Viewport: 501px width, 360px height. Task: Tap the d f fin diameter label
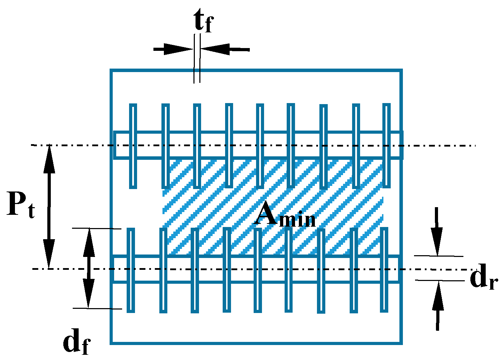tap(77, 342)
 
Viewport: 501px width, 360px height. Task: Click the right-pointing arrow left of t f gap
tap(173, 49)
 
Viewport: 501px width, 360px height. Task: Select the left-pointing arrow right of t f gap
tap(225, 49)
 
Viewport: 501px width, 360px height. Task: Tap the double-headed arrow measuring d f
tap(89, 268)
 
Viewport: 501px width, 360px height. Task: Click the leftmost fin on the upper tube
tap(133, 146)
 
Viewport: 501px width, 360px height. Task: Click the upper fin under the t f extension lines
tap(197, 146)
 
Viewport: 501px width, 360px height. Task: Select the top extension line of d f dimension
tap(96, 228)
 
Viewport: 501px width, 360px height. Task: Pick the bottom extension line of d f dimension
tap(97, 308)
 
